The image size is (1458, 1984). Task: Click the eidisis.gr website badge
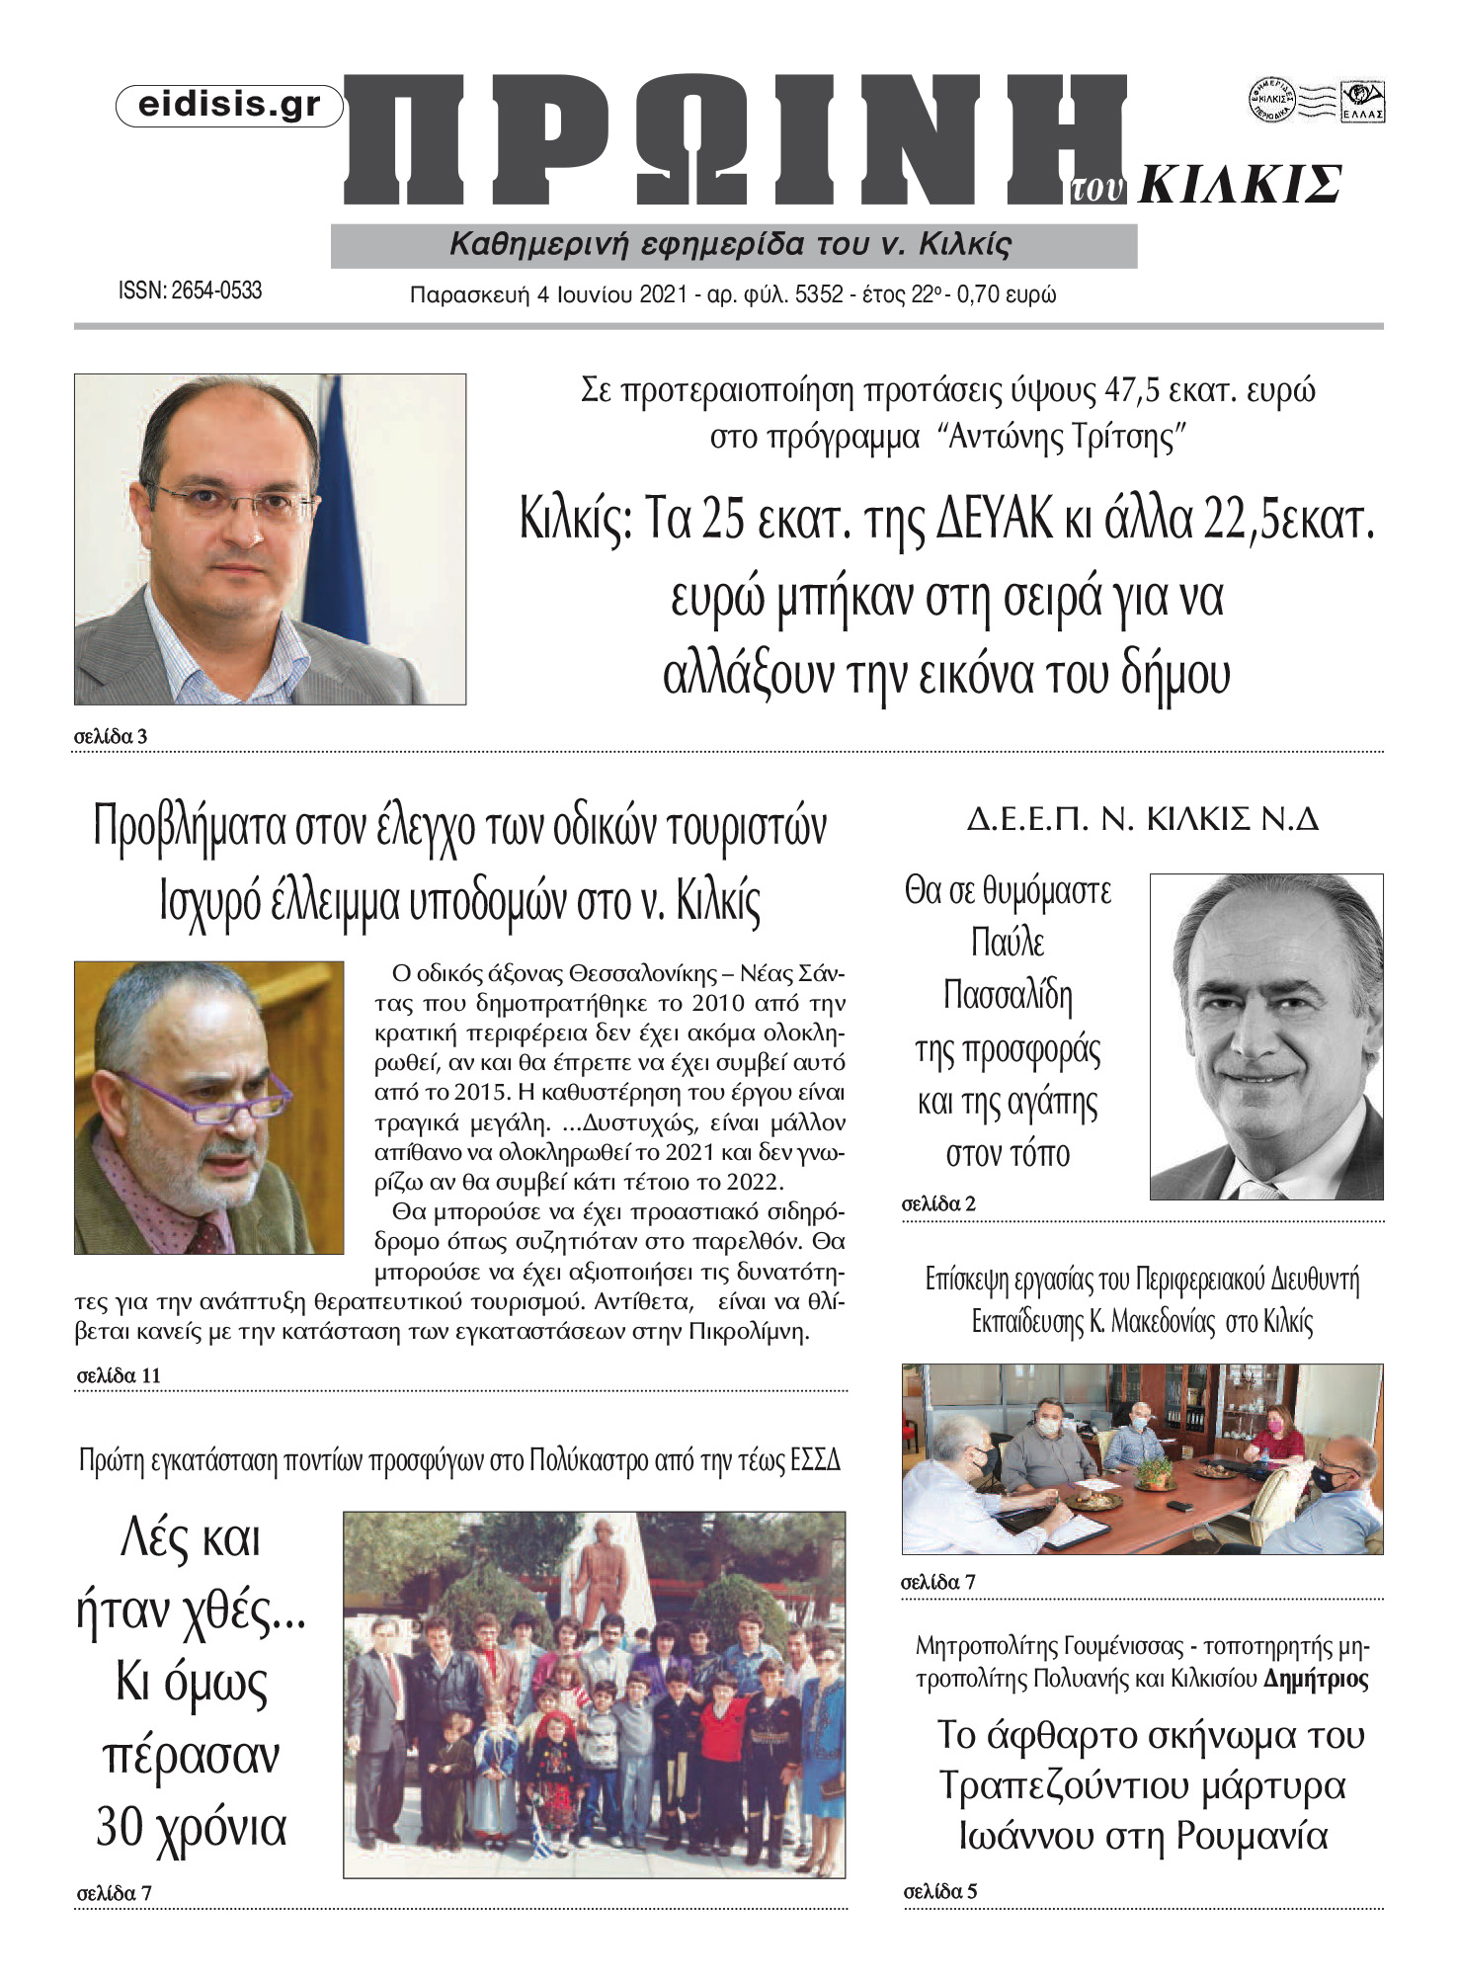click(x=229, y=106)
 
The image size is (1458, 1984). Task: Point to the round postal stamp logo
click(x=1271, y=100)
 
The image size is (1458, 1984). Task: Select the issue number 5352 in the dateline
click(x=819, y=294)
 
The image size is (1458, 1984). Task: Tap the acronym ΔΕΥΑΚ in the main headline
click(x=995, y=520)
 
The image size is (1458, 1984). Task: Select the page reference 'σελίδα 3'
click(x=111, y=736)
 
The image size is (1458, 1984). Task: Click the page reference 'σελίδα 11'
click(x=119, y=1375)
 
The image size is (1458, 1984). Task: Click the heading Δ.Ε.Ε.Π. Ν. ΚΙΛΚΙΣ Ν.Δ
click(x=1142, y=819)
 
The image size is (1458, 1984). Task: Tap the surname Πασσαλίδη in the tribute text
click(x=1008, y=995)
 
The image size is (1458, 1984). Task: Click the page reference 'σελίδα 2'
click(x=938, y=1203)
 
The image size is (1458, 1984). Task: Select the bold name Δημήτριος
click(x=1316, y=1679)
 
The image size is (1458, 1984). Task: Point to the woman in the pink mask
click(x=1277, y=1434)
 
